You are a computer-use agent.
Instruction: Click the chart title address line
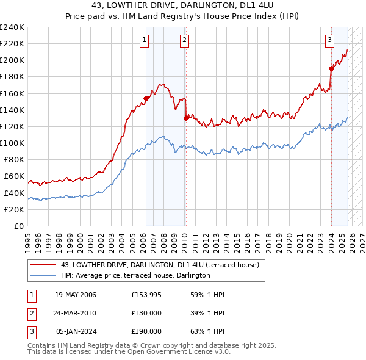(183, 5)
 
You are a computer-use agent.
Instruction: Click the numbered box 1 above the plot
(145, 40)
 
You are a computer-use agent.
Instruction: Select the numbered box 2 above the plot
(184, 40)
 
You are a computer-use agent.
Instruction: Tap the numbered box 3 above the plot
(329, 40)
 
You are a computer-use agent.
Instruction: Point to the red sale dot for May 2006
(146, 98)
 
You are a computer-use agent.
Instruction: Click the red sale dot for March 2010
(186, 118)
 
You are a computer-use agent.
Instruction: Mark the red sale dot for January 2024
(331, 68)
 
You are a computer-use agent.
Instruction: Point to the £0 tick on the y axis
(18, 226)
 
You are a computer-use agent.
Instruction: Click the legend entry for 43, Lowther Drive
(160, 265)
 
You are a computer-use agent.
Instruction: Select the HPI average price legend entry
(135, 275)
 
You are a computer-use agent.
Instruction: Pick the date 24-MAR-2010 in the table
(76, 313)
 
